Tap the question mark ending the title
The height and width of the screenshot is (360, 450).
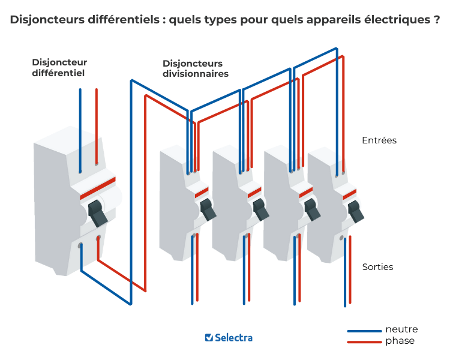pos(436,20)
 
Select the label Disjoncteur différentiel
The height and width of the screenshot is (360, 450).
pos(59,68)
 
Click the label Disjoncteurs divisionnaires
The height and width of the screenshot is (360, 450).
pos(196,69)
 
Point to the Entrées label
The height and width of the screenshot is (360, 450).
pos(379,140)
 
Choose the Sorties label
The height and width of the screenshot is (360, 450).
pos(378,266)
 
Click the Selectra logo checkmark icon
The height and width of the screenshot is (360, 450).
pos(209,338)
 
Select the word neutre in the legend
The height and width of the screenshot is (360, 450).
pos(401,329)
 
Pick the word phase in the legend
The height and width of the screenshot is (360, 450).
pos(400,341)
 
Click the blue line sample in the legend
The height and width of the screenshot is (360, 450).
pos(364,331)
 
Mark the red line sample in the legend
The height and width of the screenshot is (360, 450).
pos(364,342)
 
